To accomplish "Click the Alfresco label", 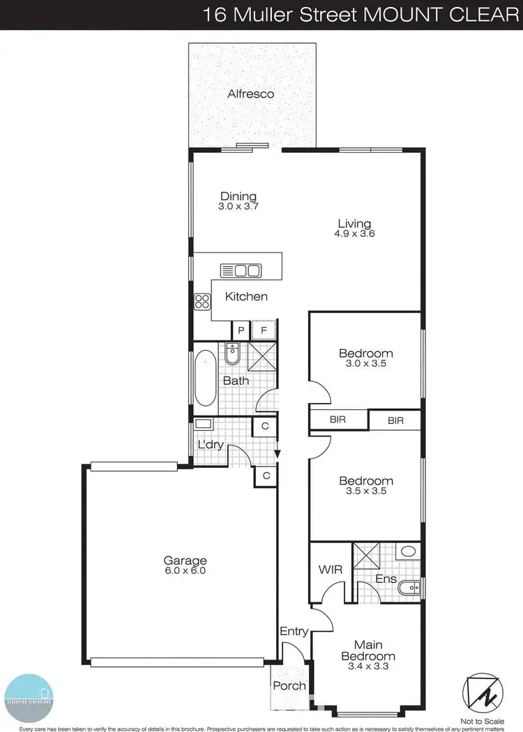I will [x=250, y=93].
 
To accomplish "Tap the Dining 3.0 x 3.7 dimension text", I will [x=238, y=206].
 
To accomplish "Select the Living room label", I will [x=354, y=224].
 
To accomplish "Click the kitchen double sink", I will [x=241, y=270].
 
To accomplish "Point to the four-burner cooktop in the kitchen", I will [x=202, y=302].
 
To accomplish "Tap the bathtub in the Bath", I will [x=206, y=379].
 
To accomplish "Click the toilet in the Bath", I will [x=234, y=355].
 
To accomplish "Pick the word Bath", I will [x=236, y=381].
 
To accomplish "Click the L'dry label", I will [x=210, y=444].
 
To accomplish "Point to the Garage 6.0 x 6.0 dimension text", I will [x=185, y=570].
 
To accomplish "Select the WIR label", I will [x=331, y=570].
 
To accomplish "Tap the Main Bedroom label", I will [x=367, y=650].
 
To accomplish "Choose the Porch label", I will [x=289, y=685].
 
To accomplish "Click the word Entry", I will [x=294, y=631].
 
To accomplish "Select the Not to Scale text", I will [x=481, y=721].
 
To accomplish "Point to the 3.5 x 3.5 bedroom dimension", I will [x=366, y=491].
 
